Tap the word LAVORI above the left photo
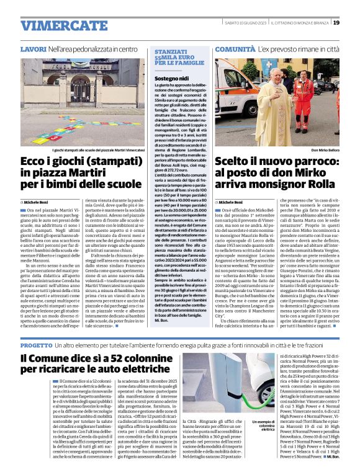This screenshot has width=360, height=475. [32, 48]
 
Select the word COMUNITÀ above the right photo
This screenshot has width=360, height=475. [235, 48]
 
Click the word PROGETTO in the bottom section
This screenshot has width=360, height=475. [36, 344]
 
